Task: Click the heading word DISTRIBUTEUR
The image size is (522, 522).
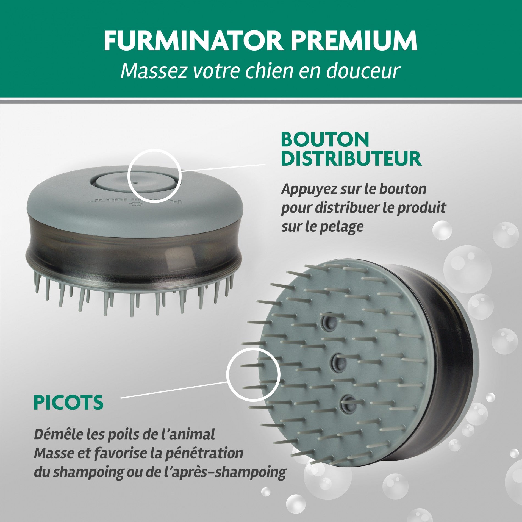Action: (351, 159)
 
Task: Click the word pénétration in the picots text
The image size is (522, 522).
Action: (204, 453)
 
